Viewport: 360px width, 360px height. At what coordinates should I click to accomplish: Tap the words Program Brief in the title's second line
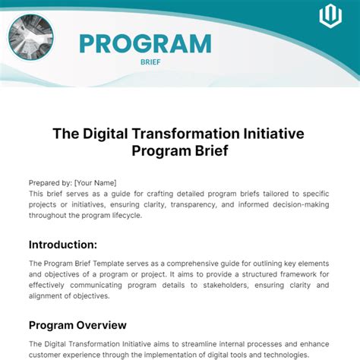click(180, 150)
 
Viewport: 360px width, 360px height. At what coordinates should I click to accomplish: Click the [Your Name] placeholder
click(96, 183)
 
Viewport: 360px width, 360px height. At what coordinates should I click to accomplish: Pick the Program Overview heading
click(77, 325)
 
